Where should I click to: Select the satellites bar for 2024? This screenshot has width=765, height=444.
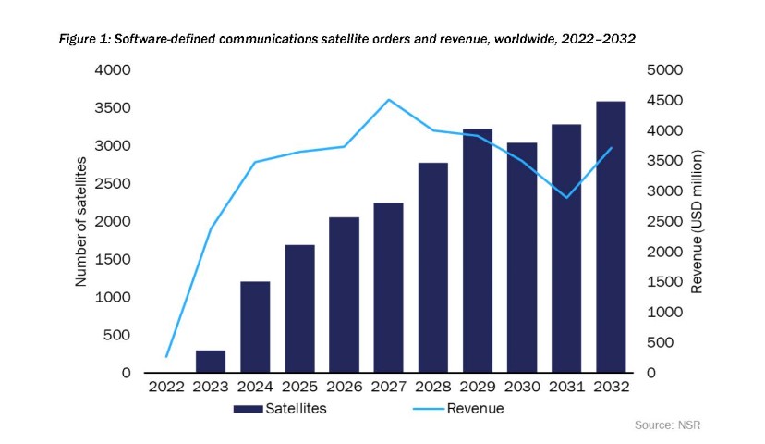click(255, 327)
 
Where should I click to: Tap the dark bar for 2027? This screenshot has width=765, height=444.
click(388, 288)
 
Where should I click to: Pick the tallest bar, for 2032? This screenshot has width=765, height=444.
click(611, 237)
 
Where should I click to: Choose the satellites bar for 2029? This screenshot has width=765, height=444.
click(478, 251)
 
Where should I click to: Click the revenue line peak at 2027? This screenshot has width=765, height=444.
click(388, 100)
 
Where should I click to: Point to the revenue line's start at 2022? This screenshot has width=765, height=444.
click(166, 356)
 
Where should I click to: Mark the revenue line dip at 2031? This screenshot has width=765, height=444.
click(566, 197)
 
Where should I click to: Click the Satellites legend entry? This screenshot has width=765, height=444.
click(277, 408)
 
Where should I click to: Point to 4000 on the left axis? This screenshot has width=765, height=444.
click(115, 70)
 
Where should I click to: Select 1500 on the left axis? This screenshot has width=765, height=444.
click(115, 259)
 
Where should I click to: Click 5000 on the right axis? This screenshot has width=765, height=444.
click(663, 70)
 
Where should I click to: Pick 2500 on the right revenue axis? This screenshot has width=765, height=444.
click(663, 221)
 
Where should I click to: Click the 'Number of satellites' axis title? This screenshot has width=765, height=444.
click(81, 221)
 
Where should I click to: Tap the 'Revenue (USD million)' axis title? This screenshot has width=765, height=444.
click(698, 221)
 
